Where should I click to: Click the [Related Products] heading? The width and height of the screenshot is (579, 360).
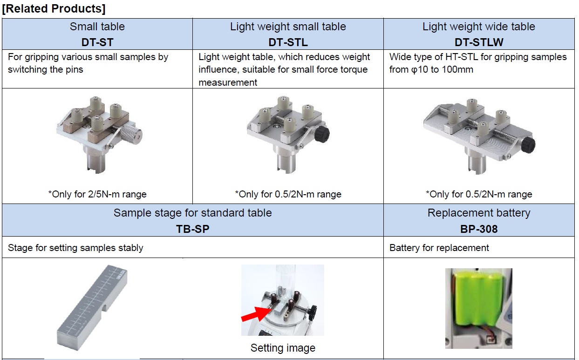tap(54, 9)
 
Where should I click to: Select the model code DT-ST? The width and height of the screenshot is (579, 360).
tap(97, 42)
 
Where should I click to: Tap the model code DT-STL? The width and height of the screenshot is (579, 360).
tap(288, 42)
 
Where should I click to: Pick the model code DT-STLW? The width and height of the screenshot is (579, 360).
tap(479, 42)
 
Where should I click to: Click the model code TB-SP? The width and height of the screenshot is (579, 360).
tap(192, 229)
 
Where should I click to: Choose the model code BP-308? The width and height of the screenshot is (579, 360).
tap(479, 229)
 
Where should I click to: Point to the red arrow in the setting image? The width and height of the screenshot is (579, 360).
tap(255, 314)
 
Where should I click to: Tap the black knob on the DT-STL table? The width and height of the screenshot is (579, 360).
tap(322, 135)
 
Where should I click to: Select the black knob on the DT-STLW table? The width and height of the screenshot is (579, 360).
tap(528, 145)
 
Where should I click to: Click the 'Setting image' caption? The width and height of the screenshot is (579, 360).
tap(283, 348)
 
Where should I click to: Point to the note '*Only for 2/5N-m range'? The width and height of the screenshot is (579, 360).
tap(97, 194)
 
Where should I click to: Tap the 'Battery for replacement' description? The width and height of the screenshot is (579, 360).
tap(439, 248)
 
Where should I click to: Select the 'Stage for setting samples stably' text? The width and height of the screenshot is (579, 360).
tap(75, 248)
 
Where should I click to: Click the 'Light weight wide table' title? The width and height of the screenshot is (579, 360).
tap(479, 27)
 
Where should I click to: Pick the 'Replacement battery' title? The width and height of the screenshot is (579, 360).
tap(479, 213)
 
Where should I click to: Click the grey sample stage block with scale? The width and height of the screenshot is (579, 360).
tap(92, 307)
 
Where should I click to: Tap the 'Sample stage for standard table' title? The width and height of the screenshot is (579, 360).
tap(192, 213)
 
